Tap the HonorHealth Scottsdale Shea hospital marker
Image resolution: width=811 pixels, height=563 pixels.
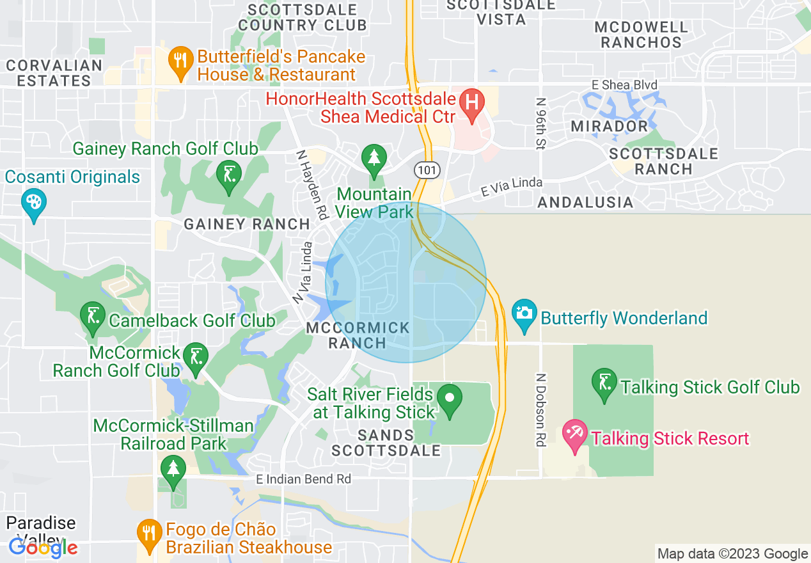pos(472,102)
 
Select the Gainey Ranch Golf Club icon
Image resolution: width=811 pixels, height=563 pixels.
pos(228,174)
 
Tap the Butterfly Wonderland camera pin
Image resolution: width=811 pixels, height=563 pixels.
pos(524,313)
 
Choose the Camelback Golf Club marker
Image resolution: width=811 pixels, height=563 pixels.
pos(93,316)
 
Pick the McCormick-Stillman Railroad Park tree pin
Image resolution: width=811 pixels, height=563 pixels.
pos(173,469)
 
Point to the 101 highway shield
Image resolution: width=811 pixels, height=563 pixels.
pos(425,170)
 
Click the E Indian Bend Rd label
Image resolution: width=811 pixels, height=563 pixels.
pos(303,479)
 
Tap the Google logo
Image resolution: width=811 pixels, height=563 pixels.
pos(43,548)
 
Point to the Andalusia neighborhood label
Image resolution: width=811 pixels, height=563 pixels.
pos(585,203)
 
